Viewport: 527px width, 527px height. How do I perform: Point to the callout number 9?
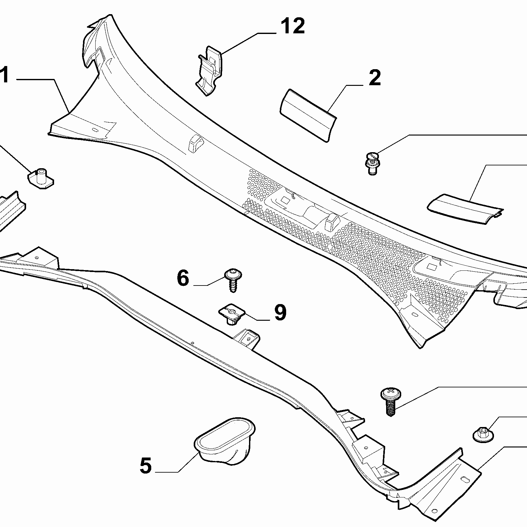click(280, 313)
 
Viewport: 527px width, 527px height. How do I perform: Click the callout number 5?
click(146, 466)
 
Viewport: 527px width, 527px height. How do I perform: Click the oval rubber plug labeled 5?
click(225, 440)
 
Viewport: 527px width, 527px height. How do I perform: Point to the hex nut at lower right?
click(483, 435)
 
